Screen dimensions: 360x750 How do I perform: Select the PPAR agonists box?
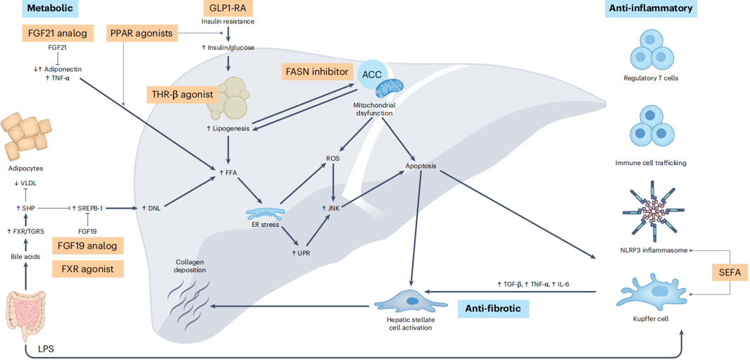tap(141, 32)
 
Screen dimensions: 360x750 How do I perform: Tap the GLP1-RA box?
tap(227, 9)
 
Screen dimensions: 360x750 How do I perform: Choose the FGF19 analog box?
tap(88, 245)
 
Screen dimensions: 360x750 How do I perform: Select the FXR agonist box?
tap(88, 268)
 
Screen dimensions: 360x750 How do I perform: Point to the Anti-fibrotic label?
tap(493, 308)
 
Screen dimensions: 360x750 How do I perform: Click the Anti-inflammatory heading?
tap(649, 9)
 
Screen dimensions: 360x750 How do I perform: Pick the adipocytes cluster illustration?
tap(27, 137)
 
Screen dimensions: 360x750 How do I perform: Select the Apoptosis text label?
tap(421, 167)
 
